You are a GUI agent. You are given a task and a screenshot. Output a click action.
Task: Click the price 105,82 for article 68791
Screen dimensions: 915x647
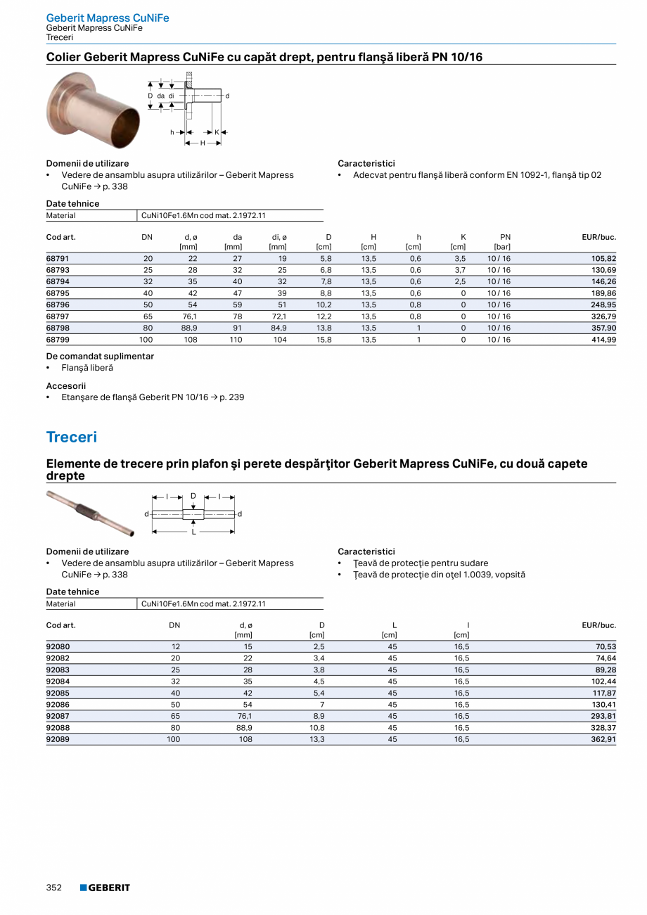pos(603,259)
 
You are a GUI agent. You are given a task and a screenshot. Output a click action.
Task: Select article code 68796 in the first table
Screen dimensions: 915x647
pos(58,305)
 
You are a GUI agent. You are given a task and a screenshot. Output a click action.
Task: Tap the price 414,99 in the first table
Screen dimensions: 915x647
pos(603,340)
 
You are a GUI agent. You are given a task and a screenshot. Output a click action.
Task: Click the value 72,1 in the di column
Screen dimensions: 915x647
pos(279,316)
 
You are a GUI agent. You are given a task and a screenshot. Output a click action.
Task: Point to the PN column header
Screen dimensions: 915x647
pos(505,237)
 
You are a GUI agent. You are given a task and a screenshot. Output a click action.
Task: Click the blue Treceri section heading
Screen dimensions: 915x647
pos(72,437)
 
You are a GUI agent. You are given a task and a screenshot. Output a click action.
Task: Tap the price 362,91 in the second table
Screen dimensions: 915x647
pos(603,739)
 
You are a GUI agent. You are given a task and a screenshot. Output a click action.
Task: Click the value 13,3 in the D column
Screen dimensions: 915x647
pos(317,739)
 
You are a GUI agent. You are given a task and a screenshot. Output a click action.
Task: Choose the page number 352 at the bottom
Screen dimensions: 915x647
pos(54,888)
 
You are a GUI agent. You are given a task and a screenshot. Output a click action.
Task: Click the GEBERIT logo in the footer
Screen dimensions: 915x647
pos(105,888)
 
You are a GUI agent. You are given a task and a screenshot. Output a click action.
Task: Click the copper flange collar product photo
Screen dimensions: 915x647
pos(93,109)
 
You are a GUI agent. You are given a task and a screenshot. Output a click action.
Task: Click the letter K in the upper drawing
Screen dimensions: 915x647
pos(217,132)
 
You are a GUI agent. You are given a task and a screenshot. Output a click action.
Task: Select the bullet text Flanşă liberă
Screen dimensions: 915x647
pos(87,368)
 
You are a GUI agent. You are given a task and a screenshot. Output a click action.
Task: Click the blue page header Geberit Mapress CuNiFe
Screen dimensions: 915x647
pos(108,18)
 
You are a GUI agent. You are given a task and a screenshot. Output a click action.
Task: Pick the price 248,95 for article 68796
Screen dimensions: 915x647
pos(603,305)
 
